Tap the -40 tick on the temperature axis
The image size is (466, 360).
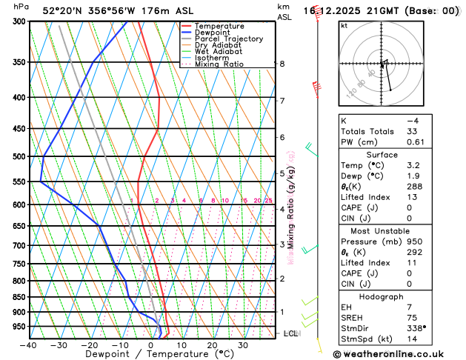click(x=28, y=344)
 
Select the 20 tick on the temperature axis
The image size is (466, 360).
click(x=212, y=344)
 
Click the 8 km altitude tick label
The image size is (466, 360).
click(x=282, y=64)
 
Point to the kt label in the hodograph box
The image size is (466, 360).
click(x=344, y=25)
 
